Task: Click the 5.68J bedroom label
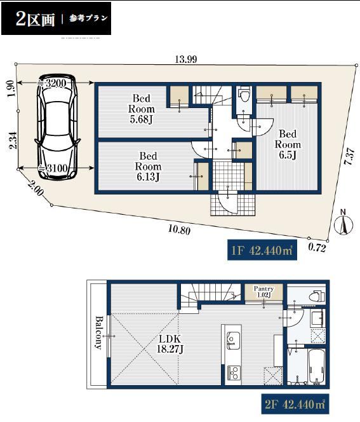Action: point(142,109)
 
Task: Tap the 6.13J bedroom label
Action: point(148,167)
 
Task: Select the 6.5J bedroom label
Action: point(288,144)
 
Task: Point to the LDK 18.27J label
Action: point(170,344)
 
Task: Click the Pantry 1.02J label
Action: point(263,292)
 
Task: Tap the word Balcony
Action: point(98,332)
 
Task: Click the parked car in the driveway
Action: point(58,126)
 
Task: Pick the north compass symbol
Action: point(343,222)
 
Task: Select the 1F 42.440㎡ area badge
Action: point(262,250)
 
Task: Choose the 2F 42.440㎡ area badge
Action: point(295,404)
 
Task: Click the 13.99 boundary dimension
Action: point(186,59)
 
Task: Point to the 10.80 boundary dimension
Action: point(179,230)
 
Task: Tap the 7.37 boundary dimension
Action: point(349,156)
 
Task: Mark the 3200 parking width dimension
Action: point(55,83)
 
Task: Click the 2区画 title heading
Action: point(35,19)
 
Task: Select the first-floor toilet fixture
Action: point(244,94)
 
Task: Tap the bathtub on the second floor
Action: point(317,367)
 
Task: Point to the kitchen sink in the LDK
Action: point(233,339)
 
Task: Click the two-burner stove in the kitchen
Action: point(234,372)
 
